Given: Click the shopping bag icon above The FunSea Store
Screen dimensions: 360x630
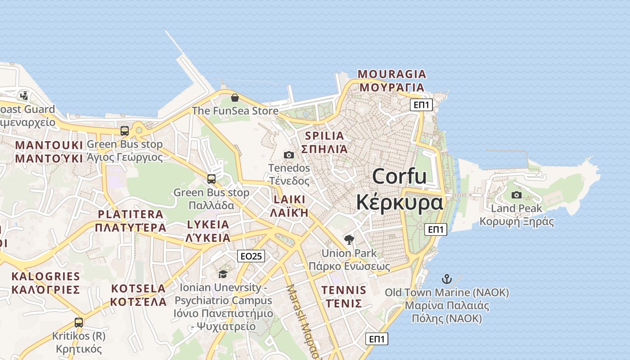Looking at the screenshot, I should click(234, 97).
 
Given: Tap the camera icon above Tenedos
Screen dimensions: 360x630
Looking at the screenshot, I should click(289, 155).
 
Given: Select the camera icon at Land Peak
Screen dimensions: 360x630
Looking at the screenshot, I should click(517, 195).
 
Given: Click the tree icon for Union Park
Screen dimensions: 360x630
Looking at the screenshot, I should click(349, 239).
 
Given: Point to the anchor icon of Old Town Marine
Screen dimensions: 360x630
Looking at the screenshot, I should click(446, 279).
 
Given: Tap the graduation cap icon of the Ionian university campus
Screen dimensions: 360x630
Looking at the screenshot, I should click(223, 274).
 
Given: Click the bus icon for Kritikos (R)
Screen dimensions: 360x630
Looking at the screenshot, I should click(79, 322).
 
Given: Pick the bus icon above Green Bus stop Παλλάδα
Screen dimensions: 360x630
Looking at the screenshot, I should click(211, 179).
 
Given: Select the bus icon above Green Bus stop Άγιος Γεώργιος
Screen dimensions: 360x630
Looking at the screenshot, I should click(125, 131).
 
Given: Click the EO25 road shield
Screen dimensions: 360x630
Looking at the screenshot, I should click(251, 256).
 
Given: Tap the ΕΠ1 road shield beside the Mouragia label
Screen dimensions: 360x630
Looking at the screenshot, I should click(421, 105).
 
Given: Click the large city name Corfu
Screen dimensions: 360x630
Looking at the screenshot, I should click(399, 176).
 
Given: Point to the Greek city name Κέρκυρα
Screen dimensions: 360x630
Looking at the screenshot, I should click(399, 202).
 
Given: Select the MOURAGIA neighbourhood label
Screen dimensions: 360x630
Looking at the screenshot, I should click(391, 74).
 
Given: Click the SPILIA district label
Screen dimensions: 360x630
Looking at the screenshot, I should click(324, 135).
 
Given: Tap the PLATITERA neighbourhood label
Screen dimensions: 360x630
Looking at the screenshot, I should click(130, 214).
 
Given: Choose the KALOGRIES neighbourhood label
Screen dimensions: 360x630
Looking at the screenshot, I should click(45, 276).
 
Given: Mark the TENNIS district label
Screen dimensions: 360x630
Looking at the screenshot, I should click(344, 290).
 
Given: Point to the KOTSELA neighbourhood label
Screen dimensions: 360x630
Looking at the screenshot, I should click(139, 288).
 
